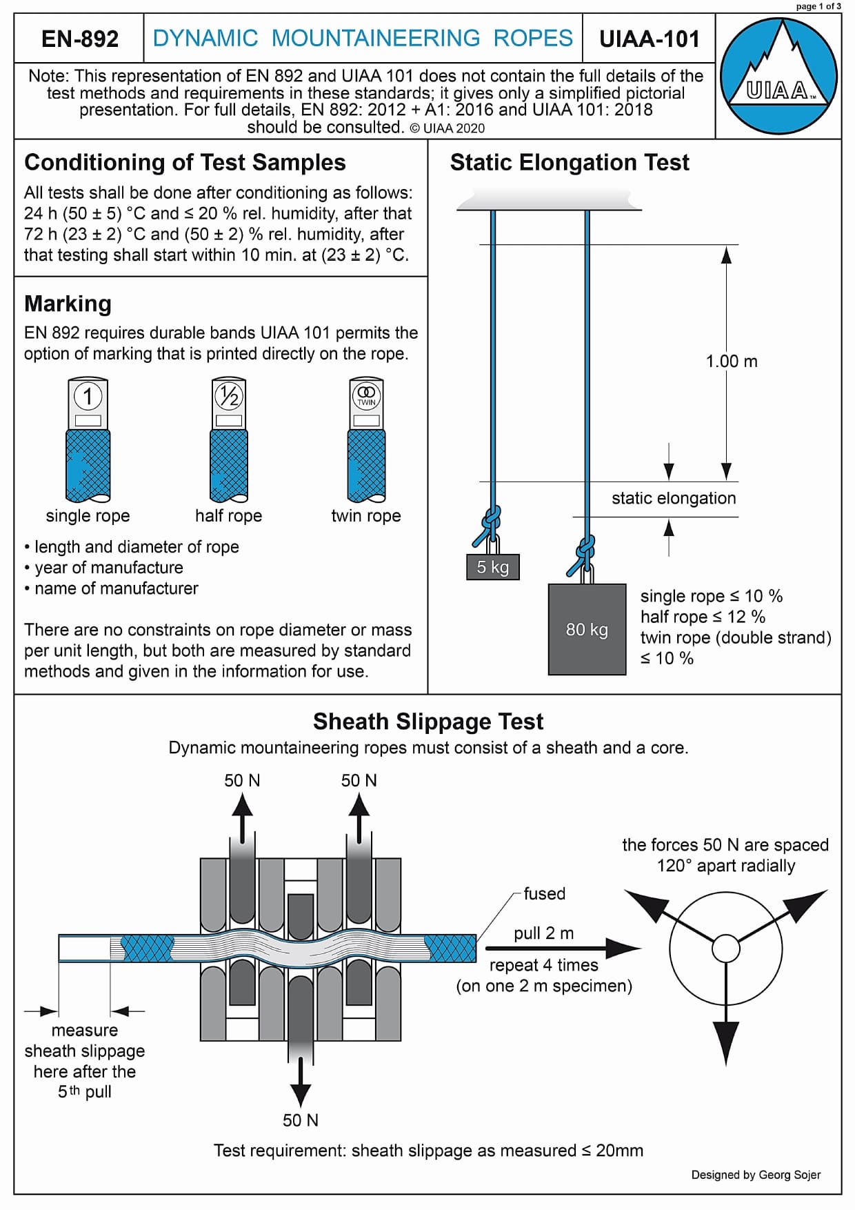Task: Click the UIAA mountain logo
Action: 778,75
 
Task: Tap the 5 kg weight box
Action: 492,567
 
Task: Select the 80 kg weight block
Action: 587,629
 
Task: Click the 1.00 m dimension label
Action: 731,361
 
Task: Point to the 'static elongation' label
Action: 673,498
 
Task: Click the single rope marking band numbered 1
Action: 88,397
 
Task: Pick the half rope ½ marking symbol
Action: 228,396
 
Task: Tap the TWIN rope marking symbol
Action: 366,395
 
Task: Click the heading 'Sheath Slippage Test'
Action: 428,722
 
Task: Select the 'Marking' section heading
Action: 68,304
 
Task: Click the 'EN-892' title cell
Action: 80,39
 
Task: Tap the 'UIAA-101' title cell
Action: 649,39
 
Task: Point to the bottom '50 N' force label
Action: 301,1120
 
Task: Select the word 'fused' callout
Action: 544,894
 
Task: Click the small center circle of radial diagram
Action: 725,948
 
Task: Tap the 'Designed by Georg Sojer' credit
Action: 756,1175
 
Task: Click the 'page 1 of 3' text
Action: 818,6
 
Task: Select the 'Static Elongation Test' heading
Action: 570,162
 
